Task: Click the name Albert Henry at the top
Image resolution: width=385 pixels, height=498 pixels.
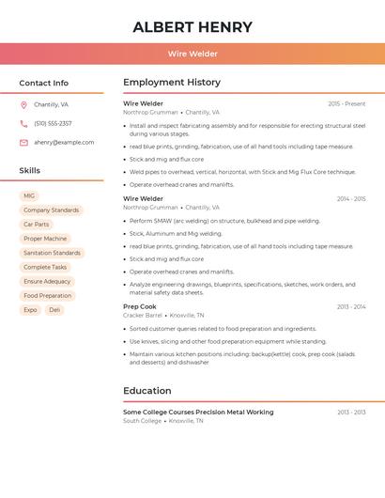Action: [192, 27]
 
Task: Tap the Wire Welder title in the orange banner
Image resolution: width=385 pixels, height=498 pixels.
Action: [192, 54]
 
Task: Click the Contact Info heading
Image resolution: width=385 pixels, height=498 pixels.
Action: [44, 83]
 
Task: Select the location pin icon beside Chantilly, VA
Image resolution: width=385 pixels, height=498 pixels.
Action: [23, 105]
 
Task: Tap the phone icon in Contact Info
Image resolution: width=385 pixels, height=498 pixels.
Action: [23, 124]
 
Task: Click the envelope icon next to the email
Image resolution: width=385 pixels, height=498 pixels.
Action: [23, 143]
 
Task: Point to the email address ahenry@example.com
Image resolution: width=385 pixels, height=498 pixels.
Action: [64, 143]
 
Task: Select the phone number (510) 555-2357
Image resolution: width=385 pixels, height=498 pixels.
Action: [53, 124]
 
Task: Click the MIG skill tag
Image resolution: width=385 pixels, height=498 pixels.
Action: [29, 196]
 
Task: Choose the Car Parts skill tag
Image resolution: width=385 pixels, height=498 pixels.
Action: [36, 225]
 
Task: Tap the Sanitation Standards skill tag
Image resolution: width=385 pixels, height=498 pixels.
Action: [52, 253]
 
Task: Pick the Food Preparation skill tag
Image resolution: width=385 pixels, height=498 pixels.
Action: [47, 295]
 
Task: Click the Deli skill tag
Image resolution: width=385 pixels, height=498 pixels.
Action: [54, 309]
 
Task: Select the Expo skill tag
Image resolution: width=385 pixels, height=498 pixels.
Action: [30, 309]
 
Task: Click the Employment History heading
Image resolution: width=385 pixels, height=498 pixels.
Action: [172, 83]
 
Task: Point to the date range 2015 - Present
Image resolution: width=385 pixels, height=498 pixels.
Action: [346, 103]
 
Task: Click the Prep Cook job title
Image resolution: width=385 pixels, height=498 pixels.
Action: [140, 306]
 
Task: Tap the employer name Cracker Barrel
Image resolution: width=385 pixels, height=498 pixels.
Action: [143, 316]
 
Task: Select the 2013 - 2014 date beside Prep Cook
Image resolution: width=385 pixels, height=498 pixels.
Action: [351, 306]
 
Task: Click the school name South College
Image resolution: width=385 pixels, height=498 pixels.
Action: [142, 421]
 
